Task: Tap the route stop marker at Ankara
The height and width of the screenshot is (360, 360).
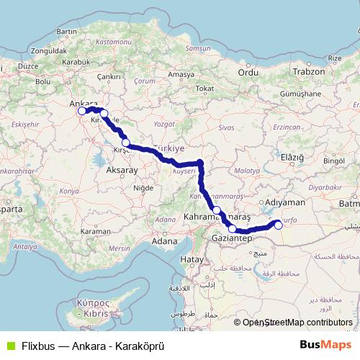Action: click(x=82, y=111)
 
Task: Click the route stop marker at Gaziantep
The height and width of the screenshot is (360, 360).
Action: click(x=232, y=229)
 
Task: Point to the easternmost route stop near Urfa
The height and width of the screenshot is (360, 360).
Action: click(x=279, y=223)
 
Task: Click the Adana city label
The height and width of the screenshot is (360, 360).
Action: click(x=165, y=242)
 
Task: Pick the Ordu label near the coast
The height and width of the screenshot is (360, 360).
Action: click(x=248, y=72)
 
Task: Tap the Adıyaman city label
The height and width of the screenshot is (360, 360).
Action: click(x=286, y=203)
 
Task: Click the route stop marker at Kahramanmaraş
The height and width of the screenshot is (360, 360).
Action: click(x=217, y=210)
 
